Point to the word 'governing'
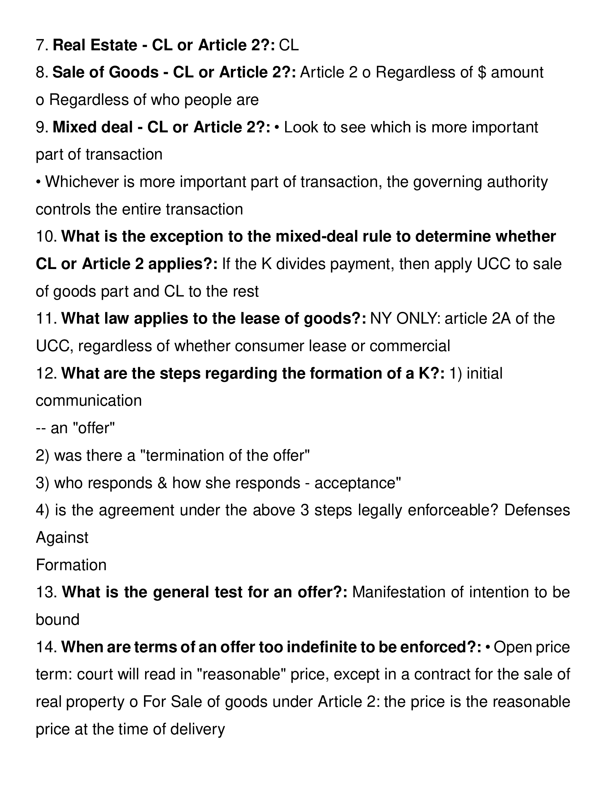tap(447, 182)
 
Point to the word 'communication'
tap(89, 401)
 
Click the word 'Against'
tap(62, 538)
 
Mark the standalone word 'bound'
tap(57, 620)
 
